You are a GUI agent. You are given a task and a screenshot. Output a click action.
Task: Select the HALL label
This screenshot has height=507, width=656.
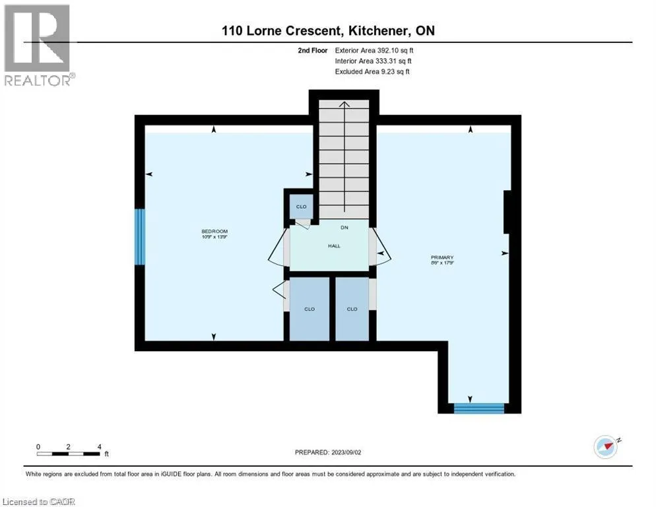coord(334,246)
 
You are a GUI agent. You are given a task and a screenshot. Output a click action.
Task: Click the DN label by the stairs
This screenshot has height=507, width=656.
coord(344,227)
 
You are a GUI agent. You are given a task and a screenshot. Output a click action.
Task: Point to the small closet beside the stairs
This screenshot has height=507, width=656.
coord(301,207)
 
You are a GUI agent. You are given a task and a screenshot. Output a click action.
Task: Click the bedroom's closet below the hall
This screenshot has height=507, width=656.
coord(309,309)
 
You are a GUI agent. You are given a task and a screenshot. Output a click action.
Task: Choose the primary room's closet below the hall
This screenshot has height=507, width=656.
coord(352,309)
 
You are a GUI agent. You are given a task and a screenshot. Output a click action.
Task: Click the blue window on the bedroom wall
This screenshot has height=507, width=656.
coord(140,237)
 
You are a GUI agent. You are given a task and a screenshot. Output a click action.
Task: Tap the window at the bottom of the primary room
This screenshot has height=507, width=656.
coord(479,408)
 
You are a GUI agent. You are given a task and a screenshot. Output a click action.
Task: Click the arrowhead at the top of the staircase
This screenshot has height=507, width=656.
coord(344,104)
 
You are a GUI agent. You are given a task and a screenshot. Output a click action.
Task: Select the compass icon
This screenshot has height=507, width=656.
coord(607,446)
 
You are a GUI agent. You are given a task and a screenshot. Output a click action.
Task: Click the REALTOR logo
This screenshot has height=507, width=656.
coord(38,45)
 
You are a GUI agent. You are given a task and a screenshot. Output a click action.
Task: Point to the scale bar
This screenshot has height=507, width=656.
coord(69,454)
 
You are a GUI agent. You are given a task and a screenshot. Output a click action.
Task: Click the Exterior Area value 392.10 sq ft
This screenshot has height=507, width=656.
coord(395,50)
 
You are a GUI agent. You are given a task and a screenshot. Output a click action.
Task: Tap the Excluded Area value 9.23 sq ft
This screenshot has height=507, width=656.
coord(395,71)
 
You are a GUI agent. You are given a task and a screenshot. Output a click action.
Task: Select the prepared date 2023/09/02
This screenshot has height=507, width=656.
coord(346,452)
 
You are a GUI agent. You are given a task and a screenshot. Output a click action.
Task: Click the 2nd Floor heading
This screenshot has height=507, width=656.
coord(313,50)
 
